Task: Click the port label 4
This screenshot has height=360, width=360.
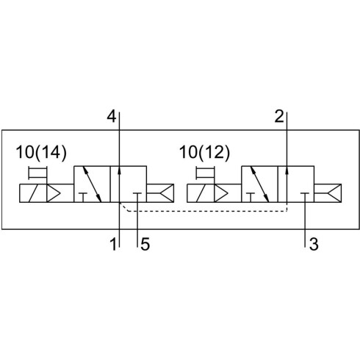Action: pos(112,116)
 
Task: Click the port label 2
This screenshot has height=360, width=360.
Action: pos(279,116)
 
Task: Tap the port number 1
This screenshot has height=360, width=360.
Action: pos(113,244)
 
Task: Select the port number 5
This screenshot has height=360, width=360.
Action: pos(145,244)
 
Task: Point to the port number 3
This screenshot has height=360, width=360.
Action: pos(314,244)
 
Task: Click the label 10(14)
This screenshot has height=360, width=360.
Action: pos(41,152)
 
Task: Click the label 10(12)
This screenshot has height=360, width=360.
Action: pos(204,152)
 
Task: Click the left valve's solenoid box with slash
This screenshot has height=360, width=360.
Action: pos(33,193)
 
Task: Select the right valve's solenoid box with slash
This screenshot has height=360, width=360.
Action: pos(201,193)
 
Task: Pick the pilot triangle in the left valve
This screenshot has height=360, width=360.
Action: pos(54,193)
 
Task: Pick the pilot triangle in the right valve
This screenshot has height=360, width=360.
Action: pos(221,193)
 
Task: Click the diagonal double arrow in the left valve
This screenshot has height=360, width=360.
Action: pos(92,184)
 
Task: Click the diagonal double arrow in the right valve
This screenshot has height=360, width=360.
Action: pos(259,184)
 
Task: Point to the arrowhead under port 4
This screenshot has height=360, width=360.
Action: pos(119,170)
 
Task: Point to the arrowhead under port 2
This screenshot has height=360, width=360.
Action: pos(287,170)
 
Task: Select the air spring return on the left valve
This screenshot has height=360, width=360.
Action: pos(160,193)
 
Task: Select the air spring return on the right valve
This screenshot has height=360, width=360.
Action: pos(328,193)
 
